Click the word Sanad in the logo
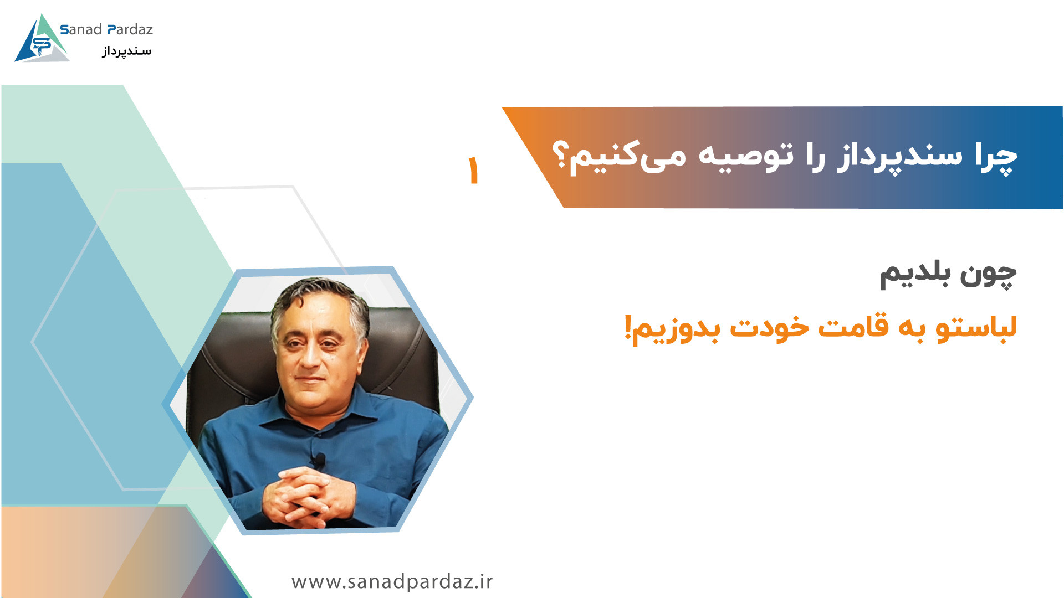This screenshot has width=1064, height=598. [x=81, y=29]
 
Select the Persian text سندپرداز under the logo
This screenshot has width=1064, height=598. [x=126, y=51]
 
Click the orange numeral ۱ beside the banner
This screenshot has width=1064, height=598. [x=473, y=170]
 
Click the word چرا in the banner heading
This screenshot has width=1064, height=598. [x=996, y=157]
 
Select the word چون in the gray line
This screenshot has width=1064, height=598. [x=989, y=274]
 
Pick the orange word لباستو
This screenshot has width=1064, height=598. [x=977, y=327]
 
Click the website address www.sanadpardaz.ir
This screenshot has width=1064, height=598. [x=392, y=581]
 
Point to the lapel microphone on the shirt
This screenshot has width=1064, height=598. [x=318, y=460]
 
